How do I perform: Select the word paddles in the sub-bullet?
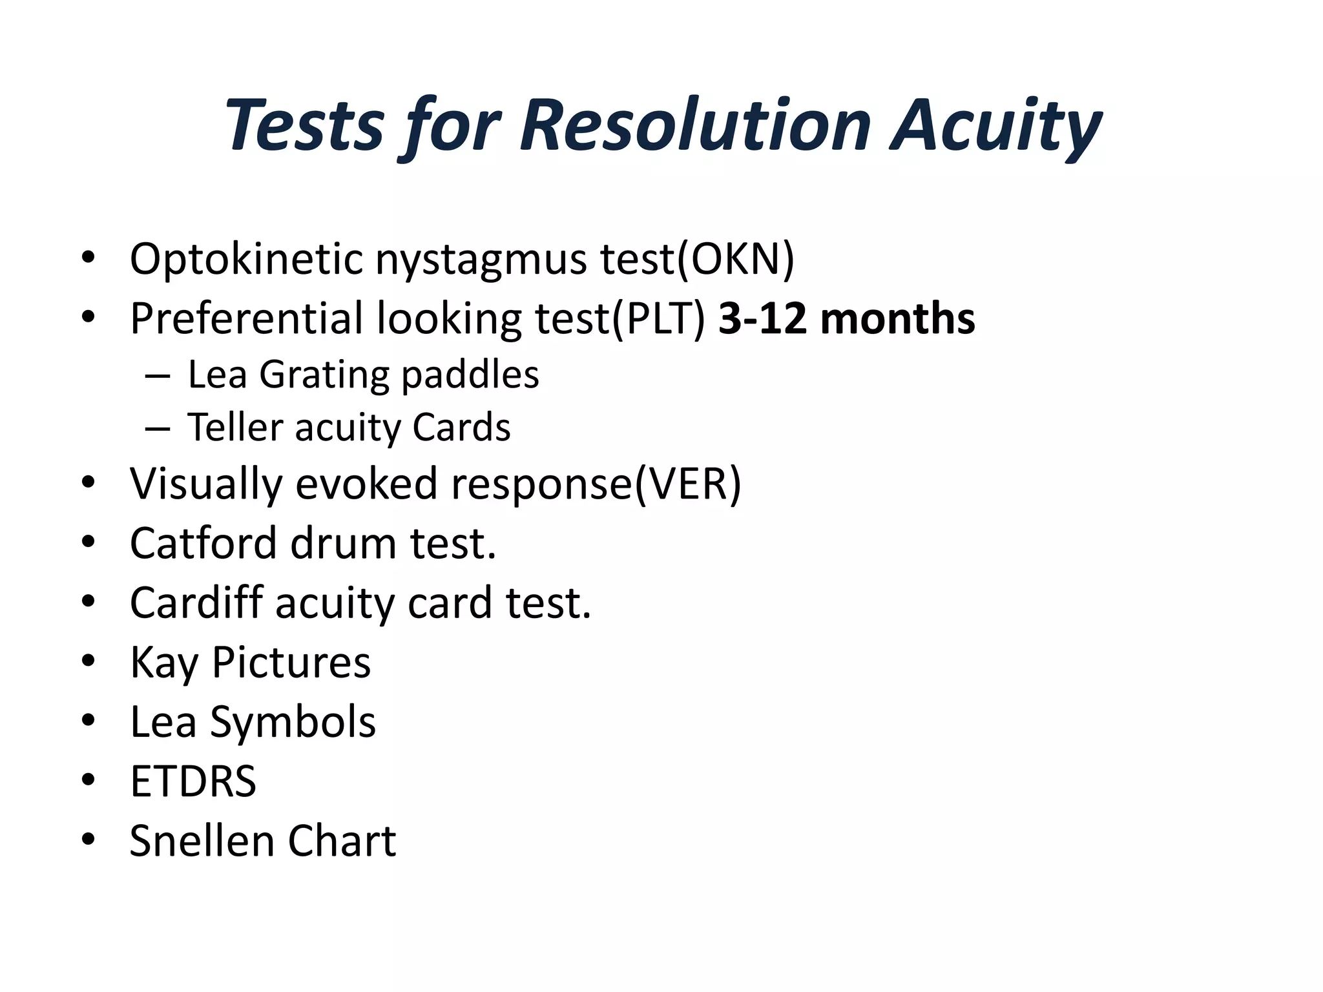click(470, 375)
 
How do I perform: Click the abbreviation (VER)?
click(687, 484)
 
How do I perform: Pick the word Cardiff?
click(196, 603)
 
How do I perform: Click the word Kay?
click(164, 663)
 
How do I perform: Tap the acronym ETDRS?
click(193, 781)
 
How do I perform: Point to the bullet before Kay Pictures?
click(89, 661)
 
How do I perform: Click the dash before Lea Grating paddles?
click(158, 376)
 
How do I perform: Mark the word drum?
click(343, 543)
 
